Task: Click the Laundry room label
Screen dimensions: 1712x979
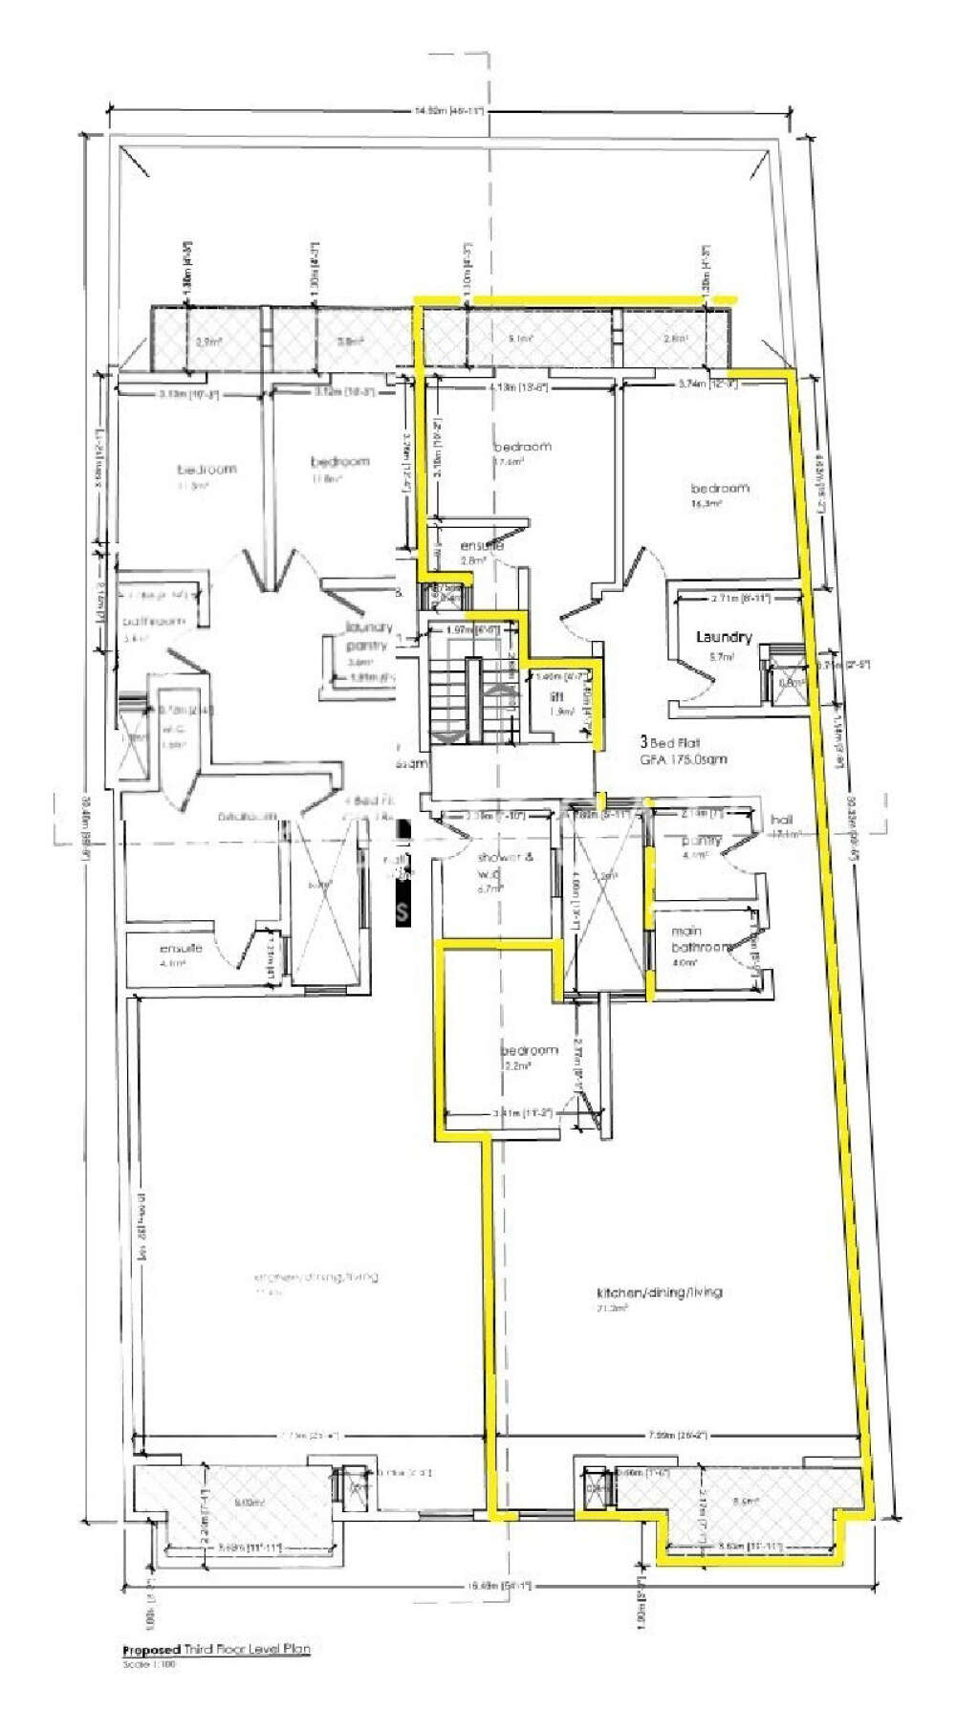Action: pos(724,637)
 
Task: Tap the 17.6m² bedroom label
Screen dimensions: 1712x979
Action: pos(522,447)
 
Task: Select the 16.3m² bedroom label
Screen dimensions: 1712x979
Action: pos(719,488)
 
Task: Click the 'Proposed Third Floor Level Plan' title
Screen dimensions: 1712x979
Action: pos(216,1650)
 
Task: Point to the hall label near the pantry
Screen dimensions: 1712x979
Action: pos(781,820)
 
